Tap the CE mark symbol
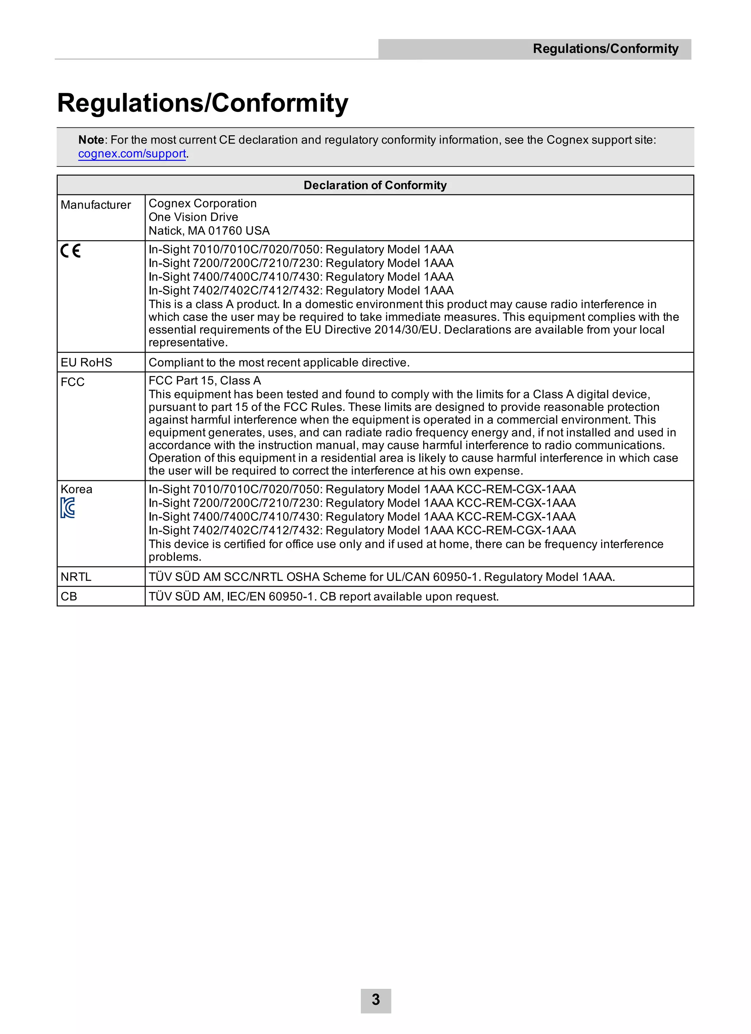click(x=71, y=251)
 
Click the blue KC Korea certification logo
click(x=67, y=507)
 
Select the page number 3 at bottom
click(x=376, y=1000)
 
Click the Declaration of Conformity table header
click(x=375, y=185)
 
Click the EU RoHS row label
click(x=86, y=362)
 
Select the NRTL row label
click(x=76, y=577)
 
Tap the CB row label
click(x=69, y=596)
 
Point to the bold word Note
click(x=91, y=140)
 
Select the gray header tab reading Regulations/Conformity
click(x=605, y=49)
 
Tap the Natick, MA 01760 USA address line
click(x=209, y=231)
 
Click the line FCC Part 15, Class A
click(x=205, y=381)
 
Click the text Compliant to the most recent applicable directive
click(x=279, y=362)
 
